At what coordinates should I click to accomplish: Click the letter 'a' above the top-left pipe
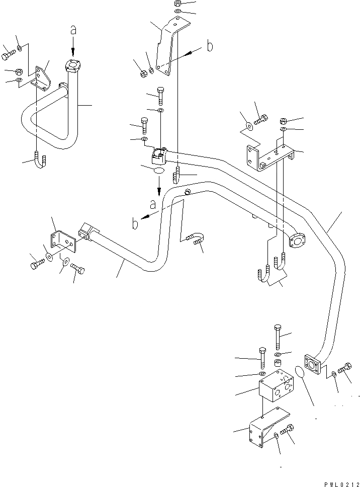coord(73,31)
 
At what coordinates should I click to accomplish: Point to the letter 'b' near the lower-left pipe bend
coord(135,223)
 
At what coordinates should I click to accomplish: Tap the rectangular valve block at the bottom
coord(275,386)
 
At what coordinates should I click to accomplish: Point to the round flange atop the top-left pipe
coord(73,65)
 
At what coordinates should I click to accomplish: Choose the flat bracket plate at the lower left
coord(62,240)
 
